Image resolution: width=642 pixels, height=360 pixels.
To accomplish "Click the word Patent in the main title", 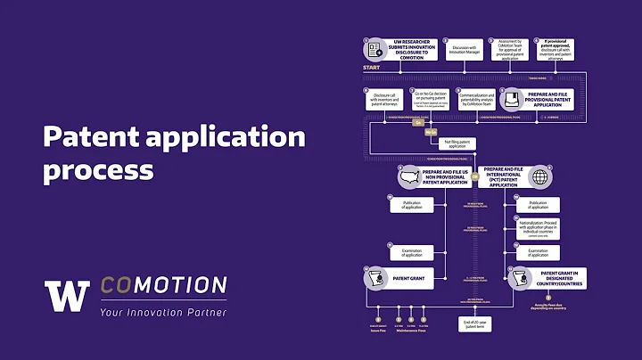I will (x=88, y=136).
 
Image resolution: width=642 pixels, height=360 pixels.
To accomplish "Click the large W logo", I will (x=67, y=297).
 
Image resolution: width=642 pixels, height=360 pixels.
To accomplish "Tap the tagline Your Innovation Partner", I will (x=162, y=312).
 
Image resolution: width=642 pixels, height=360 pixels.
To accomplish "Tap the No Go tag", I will (x=431, y=130).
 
